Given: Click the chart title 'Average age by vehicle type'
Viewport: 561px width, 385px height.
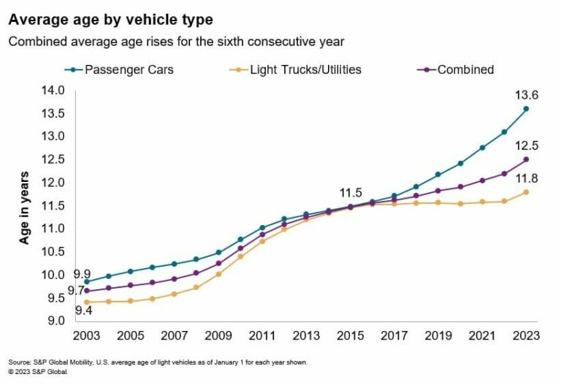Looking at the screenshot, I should (111, 18).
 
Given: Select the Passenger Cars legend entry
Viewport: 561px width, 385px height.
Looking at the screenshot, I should (124, 70).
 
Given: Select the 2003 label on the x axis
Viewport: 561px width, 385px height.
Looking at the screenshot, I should (86, 336).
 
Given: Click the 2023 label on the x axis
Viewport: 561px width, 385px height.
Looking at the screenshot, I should (526, 336).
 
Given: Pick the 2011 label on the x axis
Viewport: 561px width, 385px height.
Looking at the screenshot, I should (262, 336).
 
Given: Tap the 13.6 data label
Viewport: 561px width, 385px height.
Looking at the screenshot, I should (525, 95).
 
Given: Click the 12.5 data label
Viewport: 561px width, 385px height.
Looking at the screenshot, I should (525, 145).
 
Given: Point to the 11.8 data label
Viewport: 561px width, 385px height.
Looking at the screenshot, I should (525, 178).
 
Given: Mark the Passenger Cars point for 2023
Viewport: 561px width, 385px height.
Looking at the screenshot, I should (526, 109).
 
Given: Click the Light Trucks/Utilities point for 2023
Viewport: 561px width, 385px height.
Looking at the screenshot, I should (526, 192).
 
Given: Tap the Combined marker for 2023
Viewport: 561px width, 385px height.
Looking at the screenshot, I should (526, 159).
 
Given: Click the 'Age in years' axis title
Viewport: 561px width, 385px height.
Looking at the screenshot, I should (25, 207).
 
